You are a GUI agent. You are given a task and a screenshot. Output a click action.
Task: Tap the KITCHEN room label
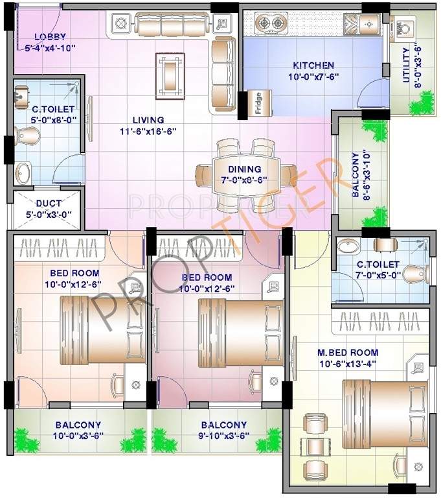313,65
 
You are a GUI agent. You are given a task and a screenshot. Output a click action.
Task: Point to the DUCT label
49,204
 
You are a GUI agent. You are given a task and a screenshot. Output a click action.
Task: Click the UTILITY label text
406,65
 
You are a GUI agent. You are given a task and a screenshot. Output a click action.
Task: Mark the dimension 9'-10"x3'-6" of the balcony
222,436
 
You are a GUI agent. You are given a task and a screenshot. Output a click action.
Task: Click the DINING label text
244,169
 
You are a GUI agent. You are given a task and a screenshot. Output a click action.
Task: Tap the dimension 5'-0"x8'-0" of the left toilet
52,119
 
